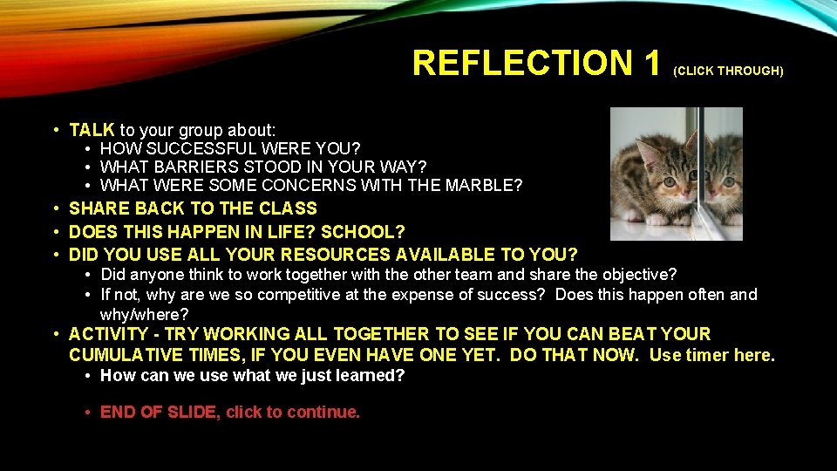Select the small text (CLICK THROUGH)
click(728, 71)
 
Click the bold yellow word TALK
click(92, 130)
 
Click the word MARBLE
click(483, 185)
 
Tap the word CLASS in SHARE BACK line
click(289, 208)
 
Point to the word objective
click(638, 275)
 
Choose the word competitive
click(293, 295)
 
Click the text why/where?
click(145, 314)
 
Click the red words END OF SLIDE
click(159, 413)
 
